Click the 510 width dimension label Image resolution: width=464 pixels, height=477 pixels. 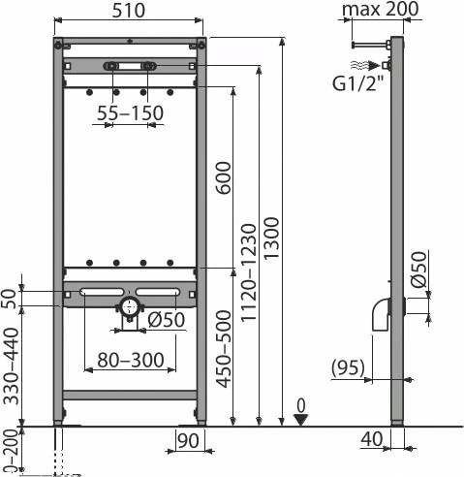pyautogui.click(x=129, y=11)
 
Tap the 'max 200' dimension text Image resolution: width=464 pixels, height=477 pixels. pyautogui.click(x=381, y=9)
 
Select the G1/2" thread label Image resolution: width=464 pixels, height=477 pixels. pyautogui.click(x=358, y=83)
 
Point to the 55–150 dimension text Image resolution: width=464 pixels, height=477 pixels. pyautogui.click(x=131, y=113)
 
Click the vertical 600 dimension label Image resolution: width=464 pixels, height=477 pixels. pyautogui.click(x=224, y=177)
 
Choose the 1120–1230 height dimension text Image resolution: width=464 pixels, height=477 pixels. pyautogui.click(x=249, y=273)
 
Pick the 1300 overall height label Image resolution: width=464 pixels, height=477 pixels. pyautogui.click(x=271, y=238)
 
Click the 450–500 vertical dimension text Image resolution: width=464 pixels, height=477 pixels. pyautogui.click(x=224, y=349)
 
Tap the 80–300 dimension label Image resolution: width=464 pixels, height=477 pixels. pyautogui.click(x=131, y=360)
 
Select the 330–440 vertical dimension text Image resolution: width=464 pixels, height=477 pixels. pyautogui.click(x=11, y=366)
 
